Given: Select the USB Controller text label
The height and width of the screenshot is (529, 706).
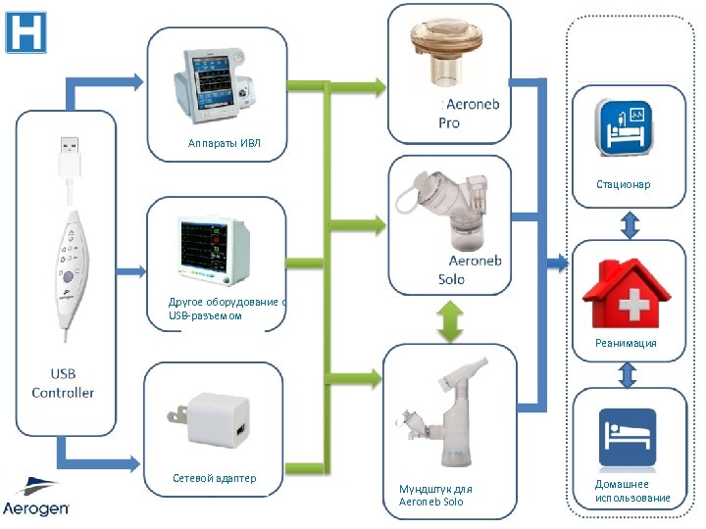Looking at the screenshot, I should [x=63, y=383].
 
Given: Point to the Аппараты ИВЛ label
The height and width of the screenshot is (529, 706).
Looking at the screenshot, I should [x=225, y=143].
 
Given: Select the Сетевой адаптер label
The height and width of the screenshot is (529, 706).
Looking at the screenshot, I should [x=214, y=478].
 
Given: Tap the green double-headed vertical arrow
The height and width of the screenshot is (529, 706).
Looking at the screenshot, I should [x=450, y=320].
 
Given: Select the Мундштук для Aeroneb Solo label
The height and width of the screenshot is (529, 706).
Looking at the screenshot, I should [x=435, y=495].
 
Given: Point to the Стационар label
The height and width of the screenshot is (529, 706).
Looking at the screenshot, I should [x=623, y=184].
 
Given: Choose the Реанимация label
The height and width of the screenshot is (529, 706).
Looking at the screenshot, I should [x=626, y=343].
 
